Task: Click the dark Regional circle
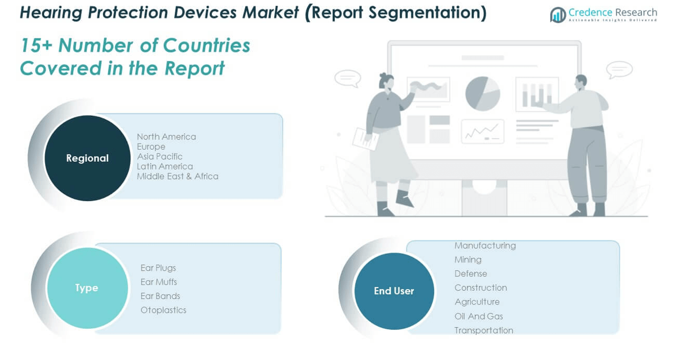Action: tap(88, 158)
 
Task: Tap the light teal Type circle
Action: tap(88, 288)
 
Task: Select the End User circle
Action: tap(394, 291)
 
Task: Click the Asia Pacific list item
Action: tap(159, 156)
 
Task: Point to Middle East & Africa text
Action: tap(177, 176)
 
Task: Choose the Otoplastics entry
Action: tap(164, 310)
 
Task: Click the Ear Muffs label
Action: tap(158, 282)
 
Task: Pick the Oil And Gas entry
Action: tap(479, 316)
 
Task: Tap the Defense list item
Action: tap(471, 273)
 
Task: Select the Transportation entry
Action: tap(484, 330)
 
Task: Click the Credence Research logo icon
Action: tap(558, 15)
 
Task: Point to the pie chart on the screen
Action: tap(483, 93)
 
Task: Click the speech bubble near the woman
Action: tap(348, 78)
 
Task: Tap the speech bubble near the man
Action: tap(619, 70)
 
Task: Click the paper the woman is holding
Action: tap(365, 139)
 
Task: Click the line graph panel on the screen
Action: tap(483, 131)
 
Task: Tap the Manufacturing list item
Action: tap(485, 246)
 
